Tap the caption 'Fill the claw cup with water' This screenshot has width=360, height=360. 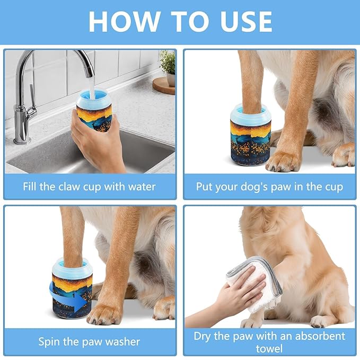90,187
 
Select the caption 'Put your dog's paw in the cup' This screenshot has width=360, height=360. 269,187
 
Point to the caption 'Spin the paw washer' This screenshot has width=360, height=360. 90,341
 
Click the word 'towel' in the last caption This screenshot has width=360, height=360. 269,348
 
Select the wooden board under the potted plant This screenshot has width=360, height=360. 163,86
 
